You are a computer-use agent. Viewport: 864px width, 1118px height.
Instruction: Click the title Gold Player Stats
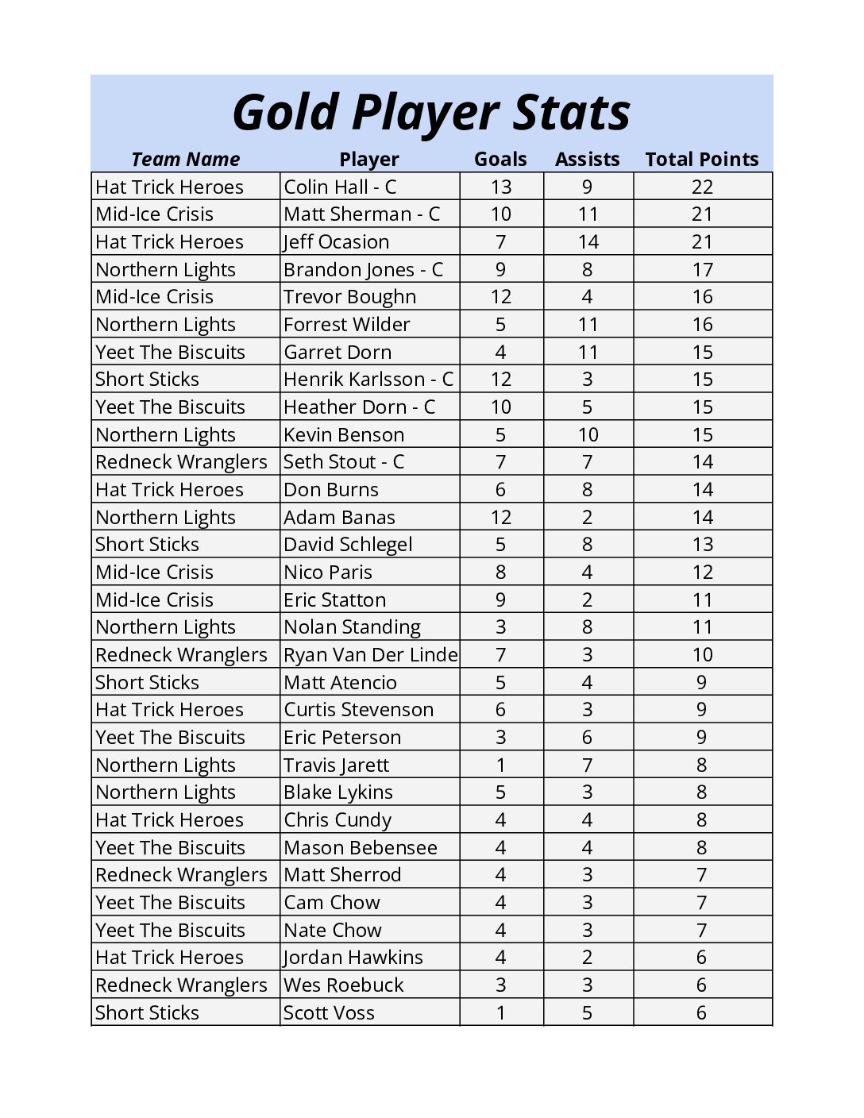[431, 112]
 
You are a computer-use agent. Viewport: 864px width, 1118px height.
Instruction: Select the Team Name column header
[185, 160]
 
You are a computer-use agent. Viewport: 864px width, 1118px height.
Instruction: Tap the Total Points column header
[701, 160]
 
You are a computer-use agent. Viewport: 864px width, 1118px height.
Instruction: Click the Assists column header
[587, 160]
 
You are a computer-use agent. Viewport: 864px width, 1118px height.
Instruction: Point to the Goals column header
[500, 160]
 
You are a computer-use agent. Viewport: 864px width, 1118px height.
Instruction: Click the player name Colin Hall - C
[340, 187]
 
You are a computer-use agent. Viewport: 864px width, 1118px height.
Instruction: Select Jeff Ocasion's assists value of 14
[588, 242]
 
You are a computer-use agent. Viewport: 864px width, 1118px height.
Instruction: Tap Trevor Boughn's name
[349, 297]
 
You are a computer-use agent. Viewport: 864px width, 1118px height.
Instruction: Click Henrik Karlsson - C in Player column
[368, 380]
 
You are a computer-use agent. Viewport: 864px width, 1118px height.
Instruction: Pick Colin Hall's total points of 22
[702, 187]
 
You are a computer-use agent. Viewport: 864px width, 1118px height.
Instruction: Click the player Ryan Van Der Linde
[370, 655]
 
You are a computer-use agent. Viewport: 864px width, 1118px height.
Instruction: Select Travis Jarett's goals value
[500, 765]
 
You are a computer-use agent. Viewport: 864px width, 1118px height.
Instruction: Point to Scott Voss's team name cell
[147, 1013]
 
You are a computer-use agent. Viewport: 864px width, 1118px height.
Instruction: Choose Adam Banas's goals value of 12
[500, 518]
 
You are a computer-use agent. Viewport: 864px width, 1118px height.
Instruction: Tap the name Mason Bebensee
[361, 848]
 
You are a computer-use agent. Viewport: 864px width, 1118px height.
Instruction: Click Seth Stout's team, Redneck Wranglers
[181, 462]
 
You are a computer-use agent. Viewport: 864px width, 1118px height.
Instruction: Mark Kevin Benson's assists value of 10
[588, 435]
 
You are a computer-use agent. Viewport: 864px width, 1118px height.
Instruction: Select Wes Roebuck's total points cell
[701, 985]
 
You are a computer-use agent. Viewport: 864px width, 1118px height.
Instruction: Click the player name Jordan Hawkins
[353, 958]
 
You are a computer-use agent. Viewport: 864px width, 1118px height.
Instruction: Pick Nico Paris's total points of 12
[702, 572]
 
